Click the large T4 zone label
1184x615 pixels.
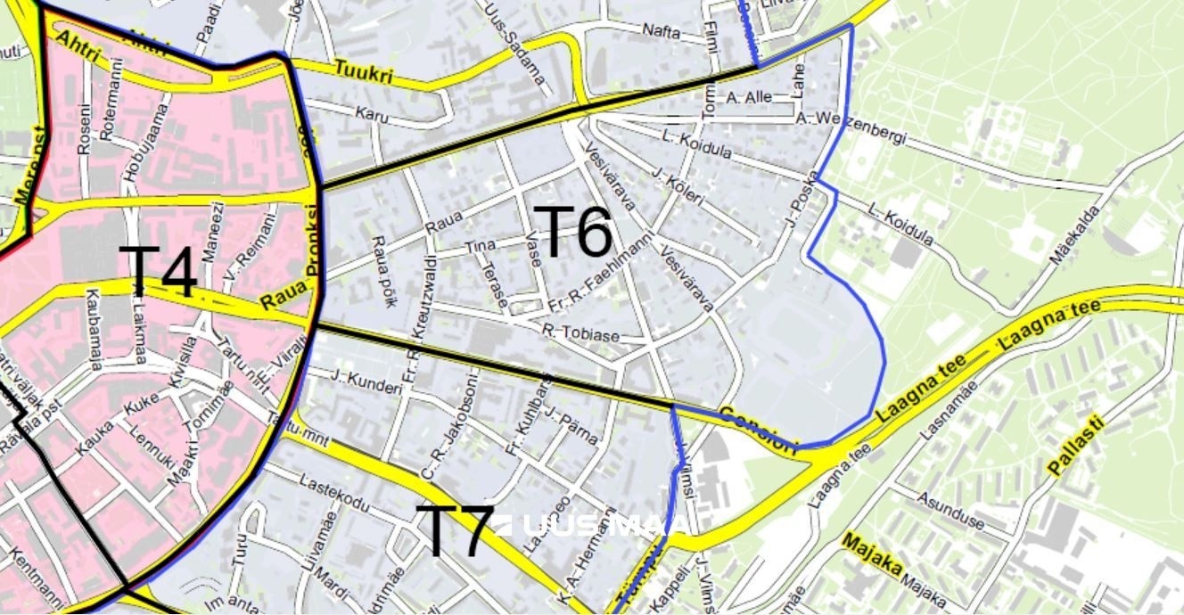(159, 273)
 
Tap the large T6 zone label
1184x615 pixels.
(575, 233)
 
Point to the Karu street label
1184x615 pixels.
(372, 113)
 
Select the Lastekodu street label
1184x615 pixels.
(334, 495)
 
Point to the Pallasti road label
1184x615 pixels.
(1076, 445)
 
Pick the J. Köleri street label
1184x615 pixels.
(678, 185)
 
